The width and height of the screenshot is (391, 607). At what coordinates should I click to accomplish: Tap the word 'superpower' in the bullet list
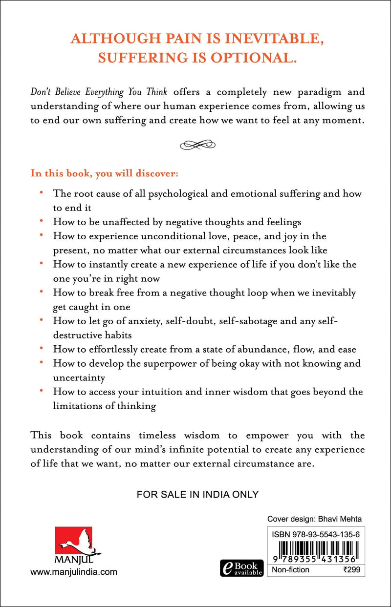[191, 363]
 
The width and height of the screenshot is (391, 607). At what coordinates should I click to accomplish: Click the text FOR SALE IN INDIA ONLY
[197, 494]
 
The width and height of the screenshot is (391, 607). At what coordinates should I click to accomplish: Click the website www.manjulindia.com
[74, 572]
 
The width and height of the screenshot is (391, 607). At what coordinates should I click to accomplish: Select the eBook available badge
[242, 568]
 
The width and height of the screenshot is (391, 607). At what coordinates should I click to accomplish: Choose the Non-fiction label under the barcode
[291, 569]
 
